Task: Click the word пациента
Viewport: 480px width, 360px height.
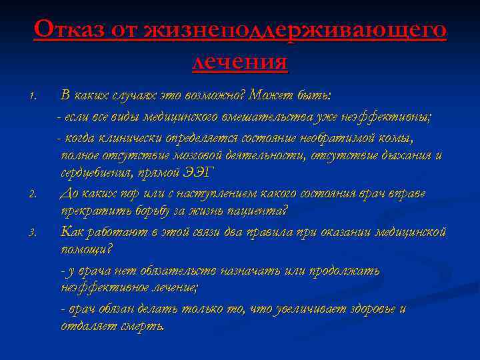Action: [257, 212]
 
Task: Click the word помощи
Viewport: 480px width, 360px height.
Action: [85, 250]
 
